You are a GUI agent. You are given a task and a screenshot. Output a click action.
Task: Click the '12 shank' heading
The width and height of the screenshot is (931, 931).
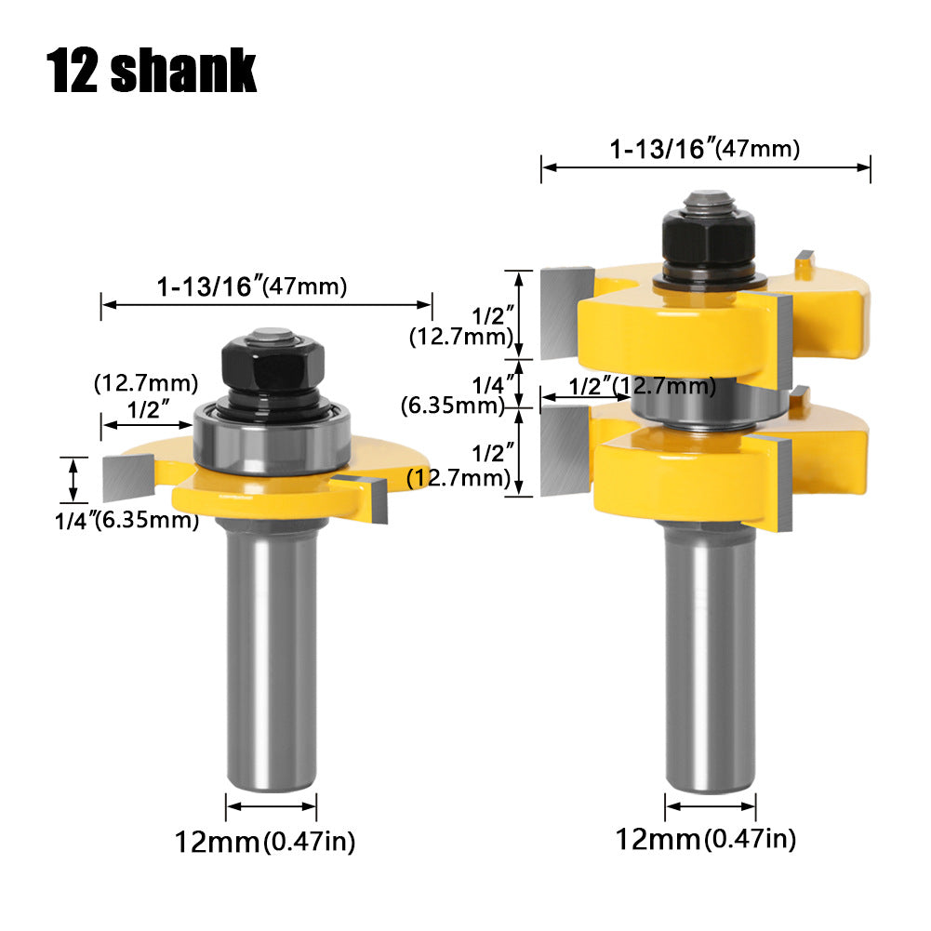(151, 71)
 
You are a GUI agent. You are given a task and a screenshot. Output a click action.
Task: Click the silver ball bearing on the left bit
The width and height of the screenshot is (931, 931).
(273, 438)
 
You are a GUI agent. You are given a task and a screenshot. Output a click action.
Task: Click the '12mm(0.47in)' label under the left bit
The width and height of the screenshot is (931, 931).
(265, 842)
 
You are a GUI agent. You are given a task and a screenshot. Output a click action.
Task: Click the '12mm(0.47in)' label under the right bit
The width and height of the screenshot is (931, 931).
(705, 839)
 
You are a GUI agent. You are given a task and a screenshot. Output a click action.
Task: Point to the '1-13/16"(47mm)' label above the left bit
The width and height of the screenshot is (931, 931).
(252, 286)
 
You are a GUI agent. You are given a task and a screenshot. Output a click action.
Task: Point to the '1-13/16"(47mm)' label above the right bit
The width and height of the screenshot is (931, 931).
(705, 149)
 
